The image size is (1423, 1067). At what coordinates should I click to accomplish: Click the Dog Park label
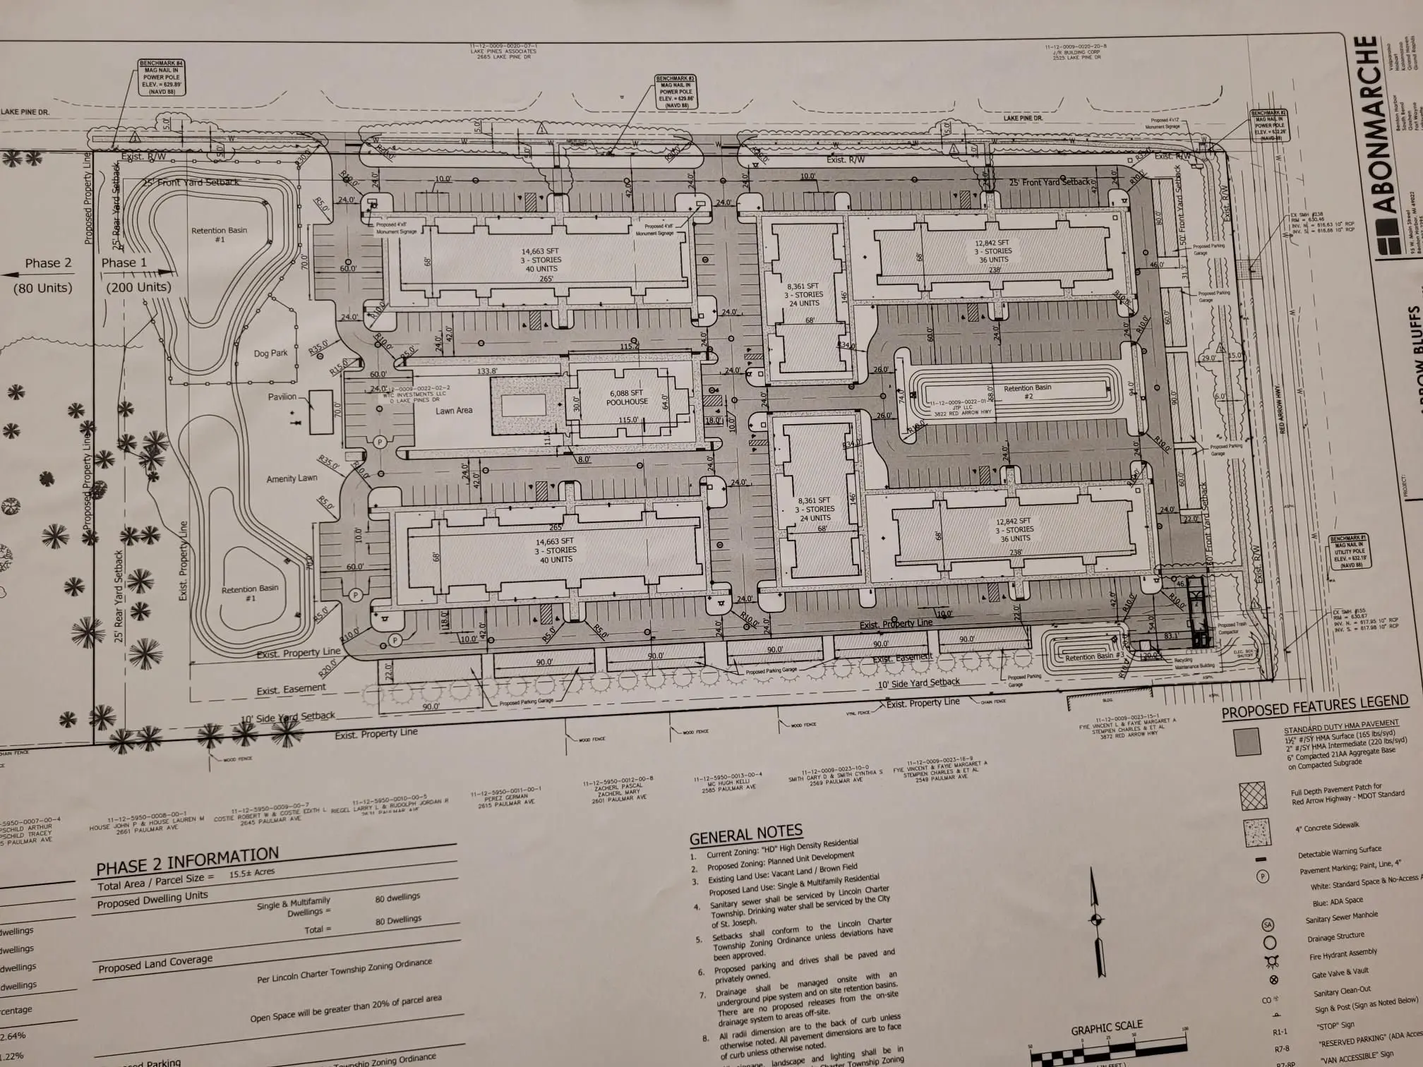pyautogui.click(x=271, y=353)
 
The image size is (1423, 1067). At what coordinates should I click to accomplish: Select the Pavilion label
pyautogui.click(x=282, y=397)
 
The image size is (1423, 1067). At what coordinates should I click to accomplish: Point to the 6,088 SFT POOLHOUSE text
pyautogui.click(x=627, y=397)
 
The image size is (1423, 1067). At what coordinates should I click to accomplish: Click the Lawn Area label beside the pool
pyautogui.click(x=454, y=410)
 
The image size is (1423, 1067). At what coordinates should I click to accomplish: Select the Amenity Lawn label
pyautogui.click(x=292, y=478)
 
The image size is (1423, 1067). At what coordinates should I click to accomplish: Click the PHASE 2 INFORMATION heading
pyautogui.click(x=187, y=861)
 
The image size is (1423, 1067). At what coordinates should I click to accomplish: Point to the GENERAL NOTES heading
pyautogui.click(x=745, y=836)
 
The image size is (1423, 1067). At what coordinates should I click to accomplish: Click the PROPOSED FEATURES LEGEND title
pyautogui.click(x=1314, y=706)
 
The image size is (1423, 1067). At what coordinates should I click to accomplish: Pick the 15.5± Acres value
pyautogui.click(x=251, y=873)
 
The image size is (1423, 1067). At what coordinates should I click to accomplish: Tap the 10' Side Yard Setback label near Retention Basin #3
pyautogui.click(x=918, y=682)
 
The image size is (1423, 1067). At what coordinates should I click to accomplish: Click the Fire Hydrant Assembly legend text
pyautogui.click(x=1343, y=954)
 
